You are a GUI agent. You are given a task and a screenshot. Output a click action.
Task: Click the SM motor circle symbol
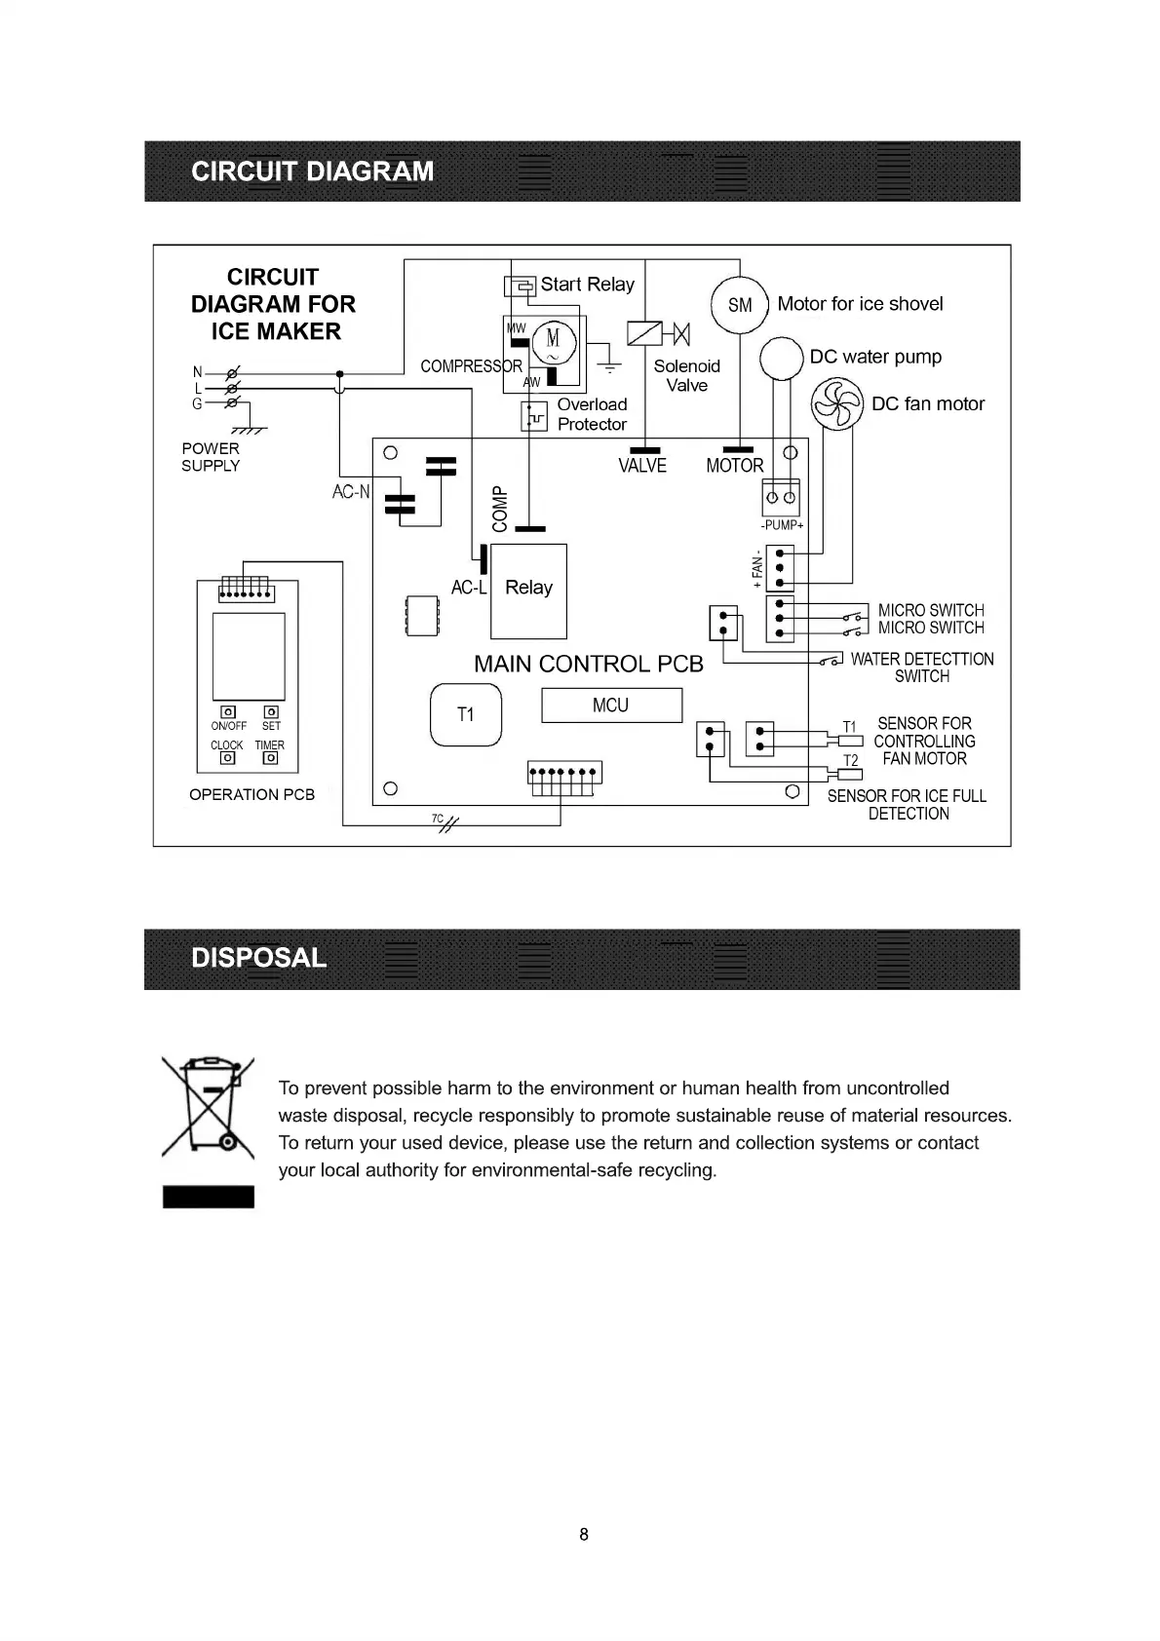[740, 305]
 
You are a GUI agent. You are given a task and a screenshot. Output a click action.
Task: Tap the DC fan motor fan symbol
[837, 403]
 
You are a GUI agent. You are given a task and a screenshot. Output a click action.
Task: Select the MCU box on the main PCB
[611, 706]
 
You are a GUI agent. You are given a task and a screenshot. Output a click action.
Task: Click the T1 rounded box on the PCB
[466, 715]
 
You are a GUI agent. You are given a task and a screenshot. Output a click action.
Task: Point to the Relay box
[528, 589]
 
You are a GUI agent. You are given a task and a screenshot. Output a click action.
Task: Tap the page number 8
[584, 1534]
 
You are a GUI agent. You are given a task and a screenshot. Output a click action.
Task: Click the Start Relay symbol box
[521, 286]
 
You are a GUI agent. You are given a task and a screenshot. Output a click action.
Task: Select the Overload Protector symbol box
[534, 416]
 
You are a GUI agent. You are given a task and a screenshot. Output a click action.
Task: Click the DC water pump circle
[781, 359]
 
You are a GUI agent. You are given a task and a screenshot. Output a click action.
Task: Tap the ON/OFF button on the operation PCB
[228, 712]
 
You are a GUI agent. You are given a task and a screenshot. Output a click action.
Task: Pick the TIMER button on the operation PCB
[271, 757]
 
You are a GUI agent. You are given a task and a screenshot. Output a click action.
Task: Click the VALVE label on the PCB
[642, 466]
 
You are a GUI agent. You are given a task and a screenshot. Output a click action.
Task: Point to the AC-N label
[351, 492]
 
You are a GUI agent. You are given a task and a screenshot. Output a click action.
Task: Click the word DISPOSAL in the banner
[259, 958]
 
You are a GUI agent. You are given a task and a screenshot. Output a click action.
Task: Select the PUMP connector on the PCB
[781, 497]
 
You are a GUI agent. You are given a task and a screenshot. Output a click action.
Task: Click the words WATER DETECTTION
[922, 660]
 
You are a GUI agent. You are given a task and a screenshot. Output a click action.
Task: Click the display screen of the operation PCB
[249, 656]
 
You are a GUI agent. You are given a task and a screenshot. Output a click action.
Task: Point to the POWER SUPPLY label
[211, 457]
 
